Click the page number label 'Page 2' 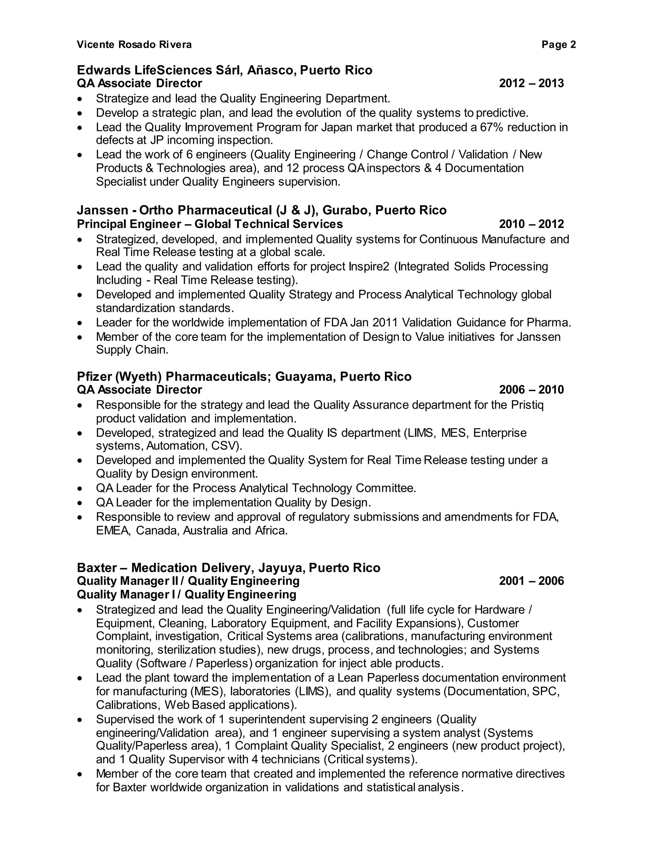558,45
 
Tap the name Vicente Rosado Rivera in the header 134,45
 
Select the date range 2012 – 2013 531,83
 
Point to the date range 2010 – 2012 531,224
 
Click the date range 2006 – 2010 531,390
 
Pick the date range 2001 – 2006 531,581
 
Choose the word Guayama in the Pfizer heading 305,376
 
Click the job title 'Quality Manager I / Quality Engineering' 187,594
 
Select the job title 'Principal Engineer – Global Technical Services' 210,224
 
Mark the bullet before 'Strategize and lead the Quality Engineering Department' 80,99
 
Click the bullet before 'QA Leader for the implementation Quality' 80,504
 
